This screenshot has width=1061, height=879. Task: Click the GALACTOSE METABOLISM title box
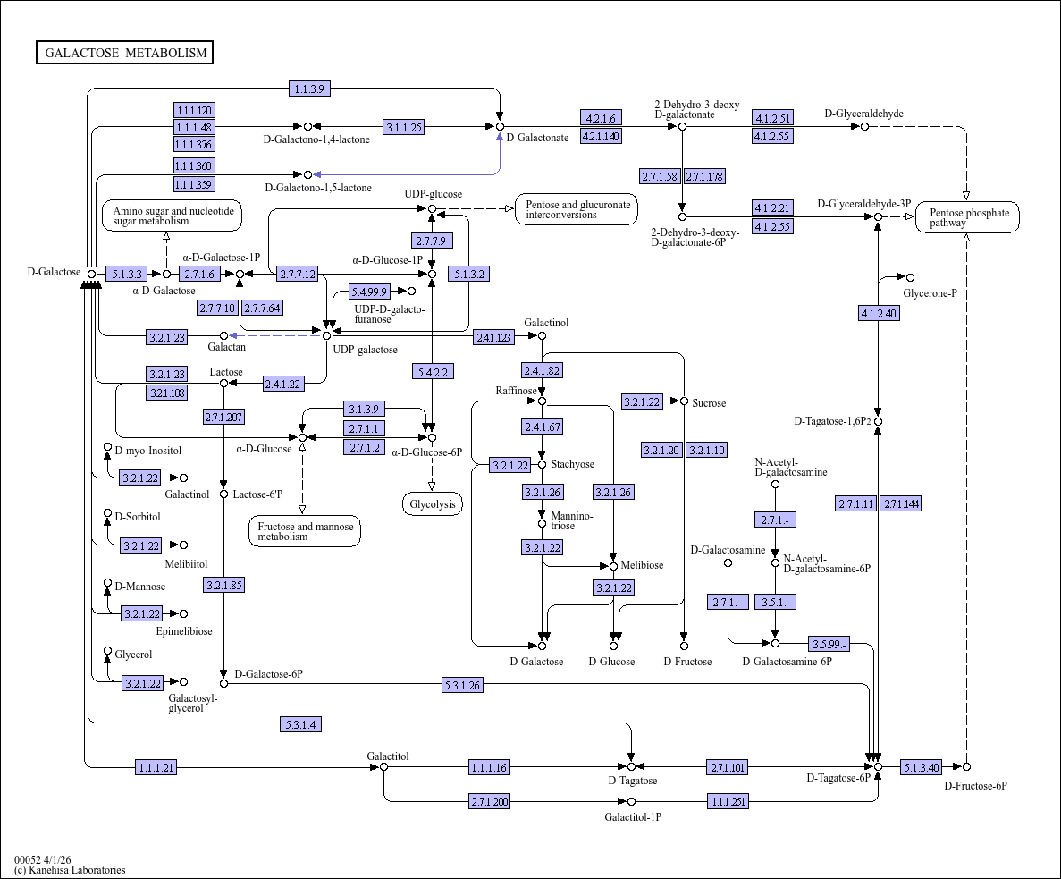click(x=125, y=53)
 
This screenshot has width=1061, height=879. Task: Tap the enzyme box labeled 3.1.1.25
click(x=403, y=127)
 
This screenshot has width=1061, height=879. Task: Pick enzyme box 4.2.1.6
click(x=601, y=118)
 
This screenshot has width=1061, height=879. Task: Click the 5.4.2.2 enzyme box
click(x=432, y=371)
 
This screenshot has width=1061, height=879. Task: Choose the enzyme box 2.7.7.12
click(x=297, y=274)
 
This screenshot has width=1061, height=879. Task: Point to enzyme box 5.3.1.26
click(x=462, y=685)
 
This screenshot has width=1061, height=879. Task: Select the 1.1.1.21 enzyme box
click(x=156, y=767)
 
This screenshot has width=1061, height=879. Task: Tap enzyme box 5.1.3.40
click(x=921, y=767)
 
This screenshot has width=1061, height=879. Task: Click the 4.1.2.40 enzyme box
click(x=879, y=313)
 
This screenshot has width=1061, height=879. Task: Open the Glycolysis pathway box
click(x=433, y=504)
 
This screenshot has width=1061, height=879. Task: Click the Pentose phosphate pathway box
click(x=968, y=217)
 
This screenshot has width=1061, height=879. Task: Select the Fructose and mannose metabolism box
click(x=305, y=531)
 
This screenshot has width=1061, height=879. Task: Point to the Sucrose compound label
click(x=709, y=403)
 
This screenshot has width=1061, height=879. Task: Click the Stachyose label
click(x=572, y=464)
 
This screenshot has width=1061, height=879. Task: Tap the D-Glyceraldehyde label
click(x=863, y=114)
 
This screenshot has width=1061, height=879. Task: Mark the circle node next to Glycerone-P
click(x=911, y=277)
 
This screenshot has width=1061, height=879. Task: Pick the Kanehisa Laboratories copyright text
click(x=70, y=869)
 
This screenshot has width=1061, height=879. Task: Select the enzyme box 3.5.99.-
click(x=829, y=644)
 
